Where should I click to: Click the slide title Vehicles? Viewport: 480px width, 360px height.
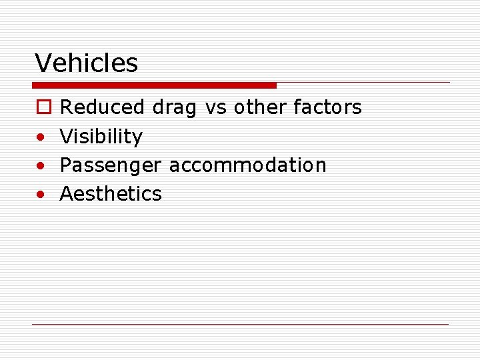[87, 63]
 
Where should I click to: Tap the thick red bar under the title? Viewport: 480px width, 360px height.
[154, 85]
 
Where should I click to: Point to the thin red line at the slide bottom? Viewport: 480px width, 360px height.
[240, 324]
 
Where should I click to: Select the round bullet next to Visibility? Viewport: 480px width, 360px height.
[41, 137]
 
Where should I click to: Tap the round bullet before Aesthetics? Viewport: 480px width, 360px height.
[41, 195]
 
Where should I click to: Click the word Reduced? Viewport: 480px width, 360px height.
[102, 107]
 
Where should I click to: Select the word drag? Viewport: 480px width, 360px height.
[174, 108]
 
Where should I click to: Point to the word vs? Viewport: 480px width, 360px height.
[215, 107]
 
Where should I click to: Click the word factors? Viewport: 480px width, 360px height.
[327, 107]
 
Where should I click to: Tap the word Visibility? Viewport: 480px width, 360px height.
[101, 137]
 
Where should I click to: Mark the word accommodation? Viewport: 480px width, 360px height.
[247, 165]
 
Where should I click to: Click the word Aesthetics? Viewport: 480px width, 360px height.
[111, 193]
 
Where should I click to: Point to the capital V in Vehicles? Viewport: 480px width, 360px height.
[43, 63]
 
